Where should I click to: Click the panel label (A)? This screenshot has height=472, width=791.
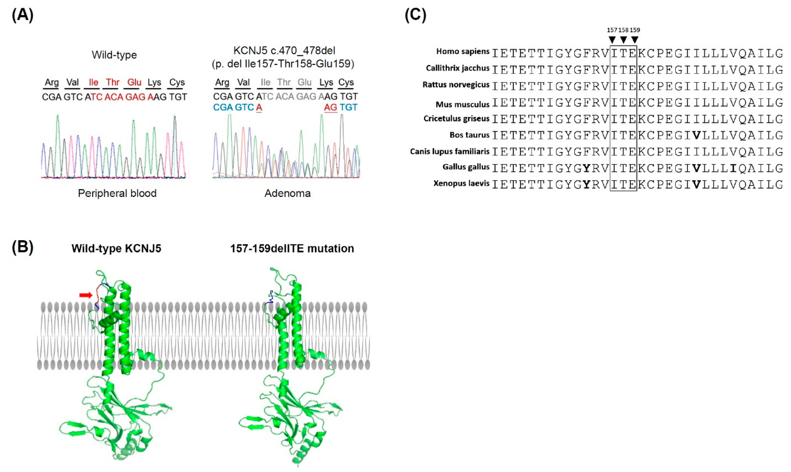[22, 15]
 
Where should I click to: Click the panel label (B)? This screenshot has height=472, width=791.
[22, 248]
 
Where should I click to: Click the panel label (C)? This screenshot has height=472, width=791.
[415, 15]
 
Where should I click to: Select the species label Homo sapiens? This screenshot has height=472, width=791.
[462, 51]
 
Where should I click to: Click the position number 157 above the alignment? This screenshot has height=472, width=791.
[612, 30]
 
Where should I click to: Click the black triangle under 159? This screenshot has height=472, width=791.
[634, 40]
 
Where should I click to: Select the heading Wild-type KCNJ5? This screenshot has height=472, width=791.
[116, 248]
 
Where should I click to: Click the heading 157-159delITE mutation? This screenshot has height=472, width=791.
[292, 248]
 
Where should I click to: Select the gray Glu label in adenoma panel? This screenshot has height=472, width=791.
[304, 82]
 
